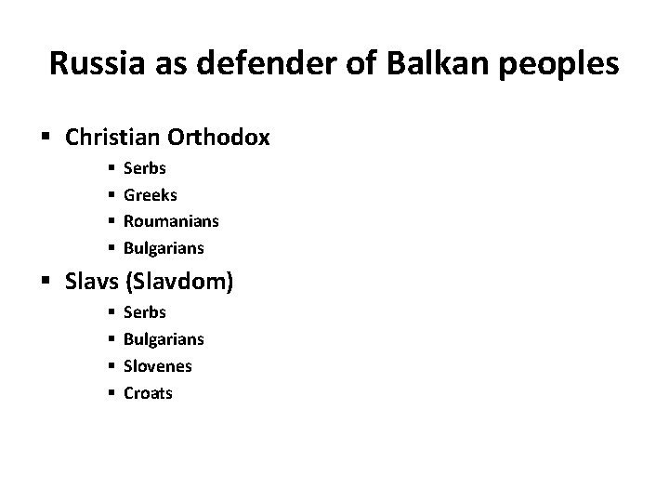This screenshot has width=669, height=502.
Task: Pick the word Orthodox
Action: point(219,138)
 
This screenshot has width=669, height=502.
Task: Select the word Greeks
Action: point(150,196)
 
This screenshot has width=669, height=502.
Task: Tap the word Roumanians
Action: point(171,222)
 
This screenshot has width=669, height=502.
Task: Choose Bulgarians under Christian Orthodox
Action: point(164,248)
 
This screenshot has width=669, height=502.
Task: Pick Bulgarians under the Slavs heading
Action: point(164,339)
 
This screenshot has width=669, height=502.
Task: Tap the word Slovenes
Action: point(157,365)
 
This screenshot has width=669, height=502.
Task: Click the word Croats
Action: point(148,391)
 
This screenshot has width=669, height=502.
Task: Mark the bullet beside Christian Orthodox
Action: point(48,139)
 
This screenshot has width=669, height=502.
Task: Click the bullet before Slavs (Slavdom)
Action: point(48,282)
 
